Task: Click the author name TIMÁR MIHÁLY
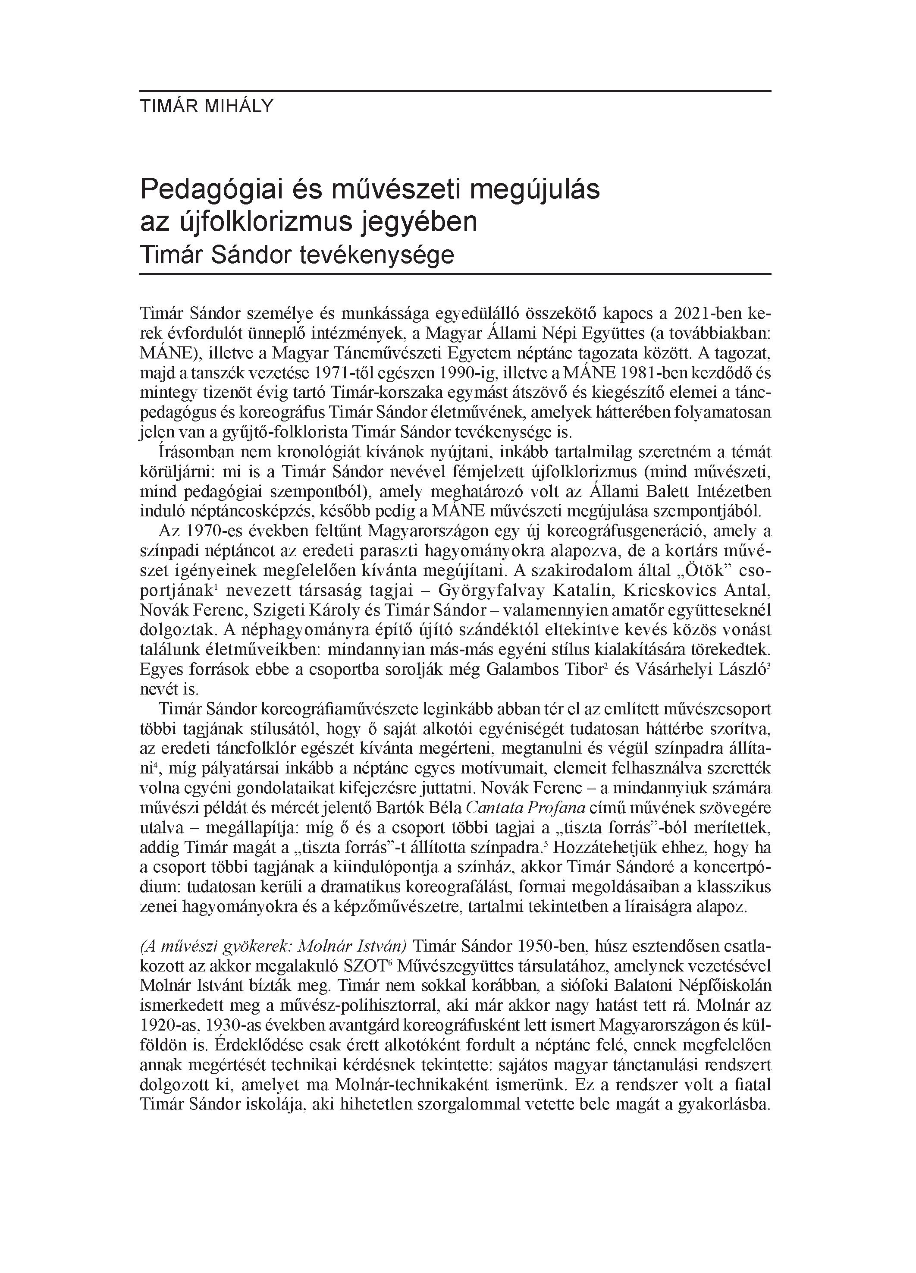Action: click(206, 107)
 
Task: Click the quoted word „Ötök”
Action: click(696, 571)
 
